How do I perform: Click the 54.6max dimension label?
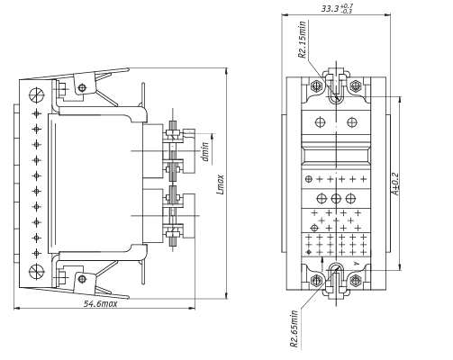coord(100,304)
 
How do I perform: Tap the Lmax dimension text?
coord(221,184)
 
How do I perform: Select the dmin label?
coord(205,151)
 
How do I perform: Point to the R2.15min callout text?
coord(303,40)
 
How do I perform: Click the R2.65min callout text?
coord(294,329)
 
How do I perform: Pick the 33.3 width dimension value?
coord(330,8)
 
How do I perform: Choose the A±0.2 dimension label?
coord(396,184)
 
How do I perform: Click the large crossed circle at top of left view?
coord(37,95)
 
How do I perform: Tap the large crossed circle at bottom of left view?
coord(37,272)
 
